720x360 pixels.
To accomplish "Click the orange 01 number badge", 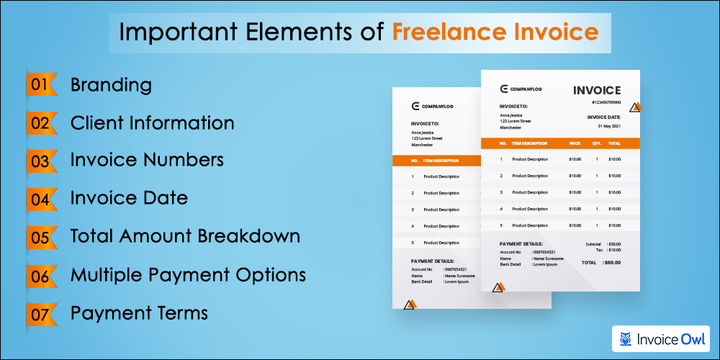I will (x=40, y=85).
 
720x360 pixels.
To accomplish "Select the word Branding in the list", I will (x=111, y=85).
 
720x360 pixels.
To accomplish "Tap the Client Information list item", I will (x=152, y=123).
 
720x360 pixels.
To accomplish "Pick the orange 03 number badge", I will (x=40, y=161).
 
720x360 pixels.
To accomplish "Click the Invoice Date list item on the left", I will (x=129, y=198).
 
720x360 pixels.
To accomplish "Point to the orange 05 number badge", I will (x=40, y=236).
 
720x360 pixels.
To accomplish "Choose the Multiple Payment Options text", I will (x=188, y=274).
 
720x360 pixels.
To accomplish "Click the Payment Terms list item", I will (x=139, y=312).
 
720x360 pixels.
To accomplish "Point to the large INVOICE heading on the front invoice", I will (x=597, y=90).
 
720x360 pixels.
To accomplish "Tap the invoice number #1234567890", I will (x=606, y=102).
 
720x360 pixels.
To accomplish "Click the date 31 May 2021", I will (x=608, y=126).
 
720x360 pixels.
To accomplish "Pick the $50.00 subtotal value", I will (x=614, y=244).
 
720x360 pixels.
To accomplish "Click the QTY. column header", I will (x=597, y=143).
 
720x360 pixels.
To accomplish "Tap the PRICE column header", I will (x=575, y=143).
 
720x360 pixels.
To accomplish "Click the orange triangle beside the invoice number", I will (x=636, y=108).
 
